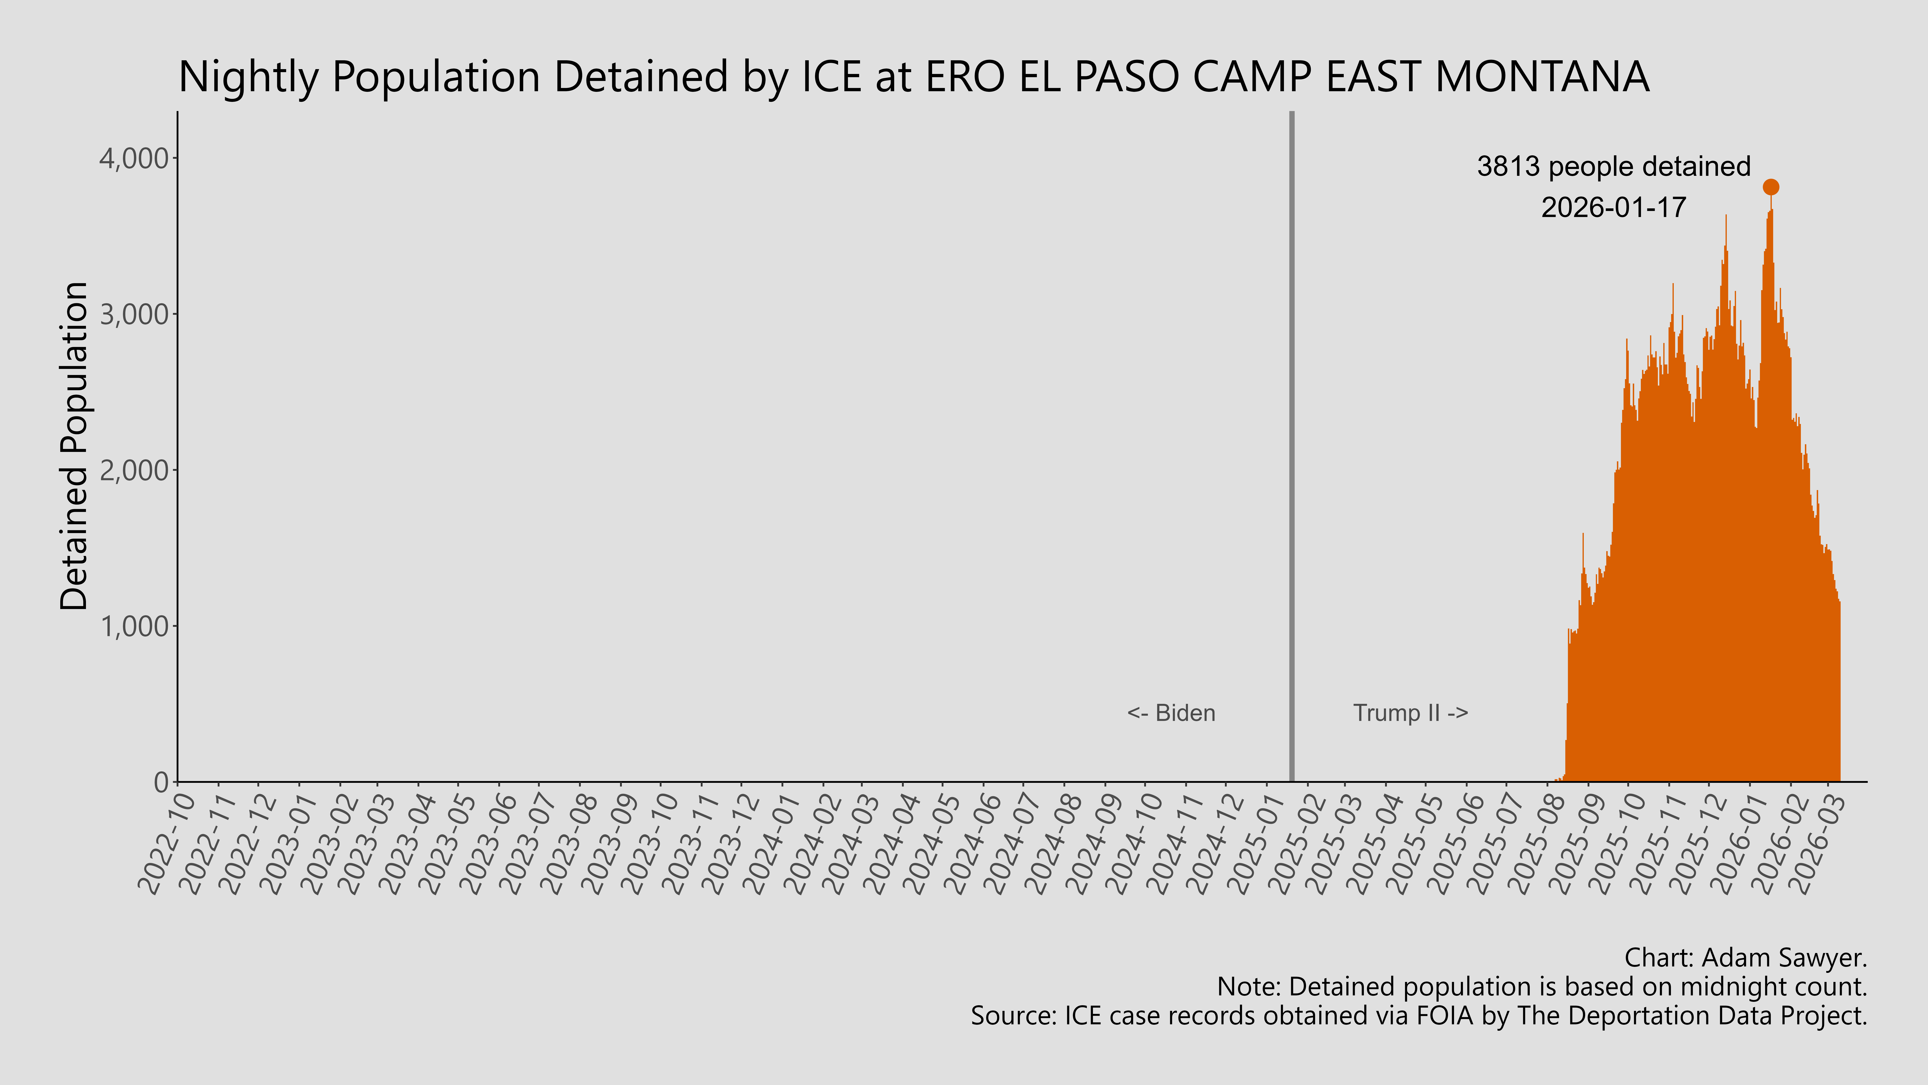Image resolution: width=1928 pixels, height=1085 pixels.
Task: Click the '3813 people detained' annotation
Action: click(x=1614, y=166)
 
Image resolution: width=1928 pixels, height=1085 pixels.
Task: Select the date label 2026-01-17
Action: click(x=1614, y=207)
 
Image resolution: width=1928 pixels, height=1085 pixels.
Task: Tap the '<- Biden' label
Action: click(x=1171, y=713)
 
